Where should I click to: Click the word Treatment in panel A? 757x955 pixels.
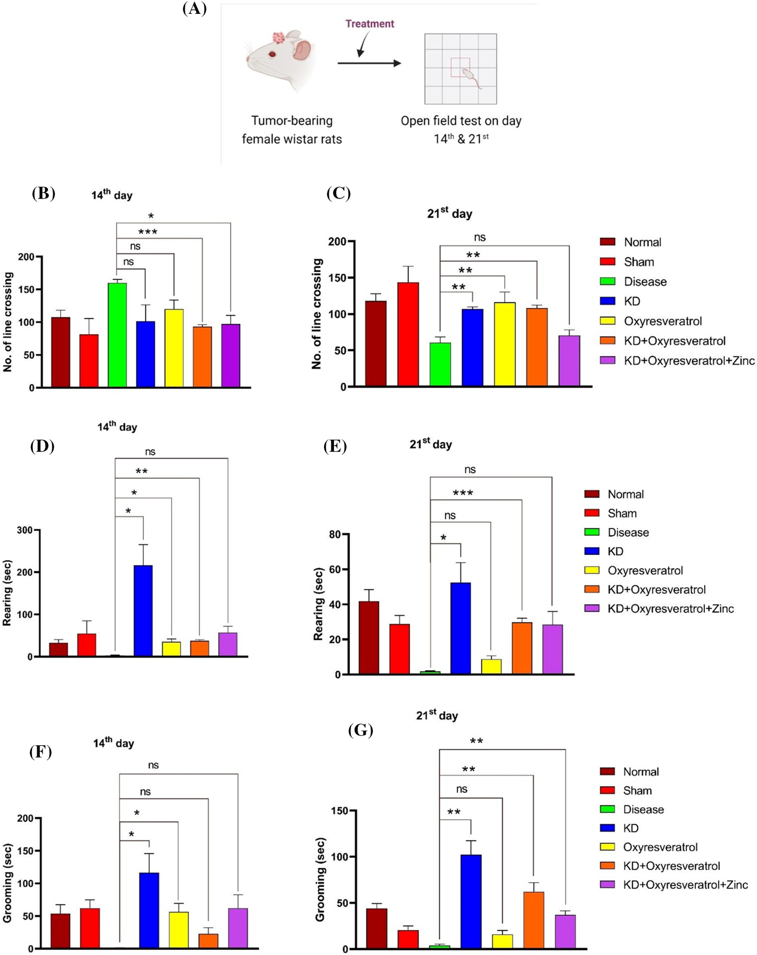pyautogui.click(x=370, y=24)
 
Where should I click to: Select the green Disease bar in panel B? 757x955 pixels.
pyautogui.click(x=118, y=335)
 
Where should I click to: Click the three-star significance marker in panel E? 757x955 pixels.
pyautogui.click(x=463, y=493)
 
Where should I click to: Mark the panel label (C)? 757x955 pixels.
pyautogui.click(x=338, y=194)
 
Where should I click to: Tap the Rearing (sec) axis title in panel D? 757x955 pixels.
pyautogui.click(x=7, y=593)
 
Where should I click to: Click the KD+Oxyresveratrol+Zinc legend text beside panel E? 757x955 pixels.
pyautogui.click(x=671, y=609)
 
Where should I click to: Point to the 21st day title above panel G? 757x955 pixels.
pyautogui.click(x=437, y=715)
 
